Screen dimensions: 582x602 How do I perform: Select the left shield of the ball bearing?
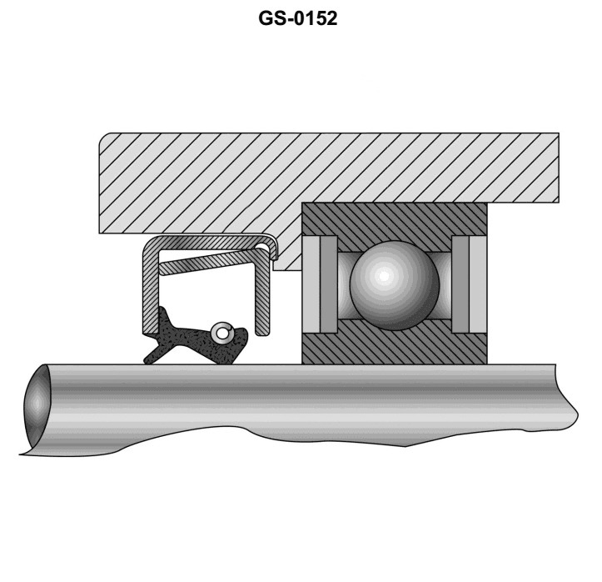tap(324, 283)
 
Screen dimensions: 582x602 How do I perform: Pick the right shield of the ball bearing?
tap(464, 283)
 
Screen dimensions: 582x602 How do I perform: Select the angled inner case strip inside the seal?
tap(212, 265)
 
